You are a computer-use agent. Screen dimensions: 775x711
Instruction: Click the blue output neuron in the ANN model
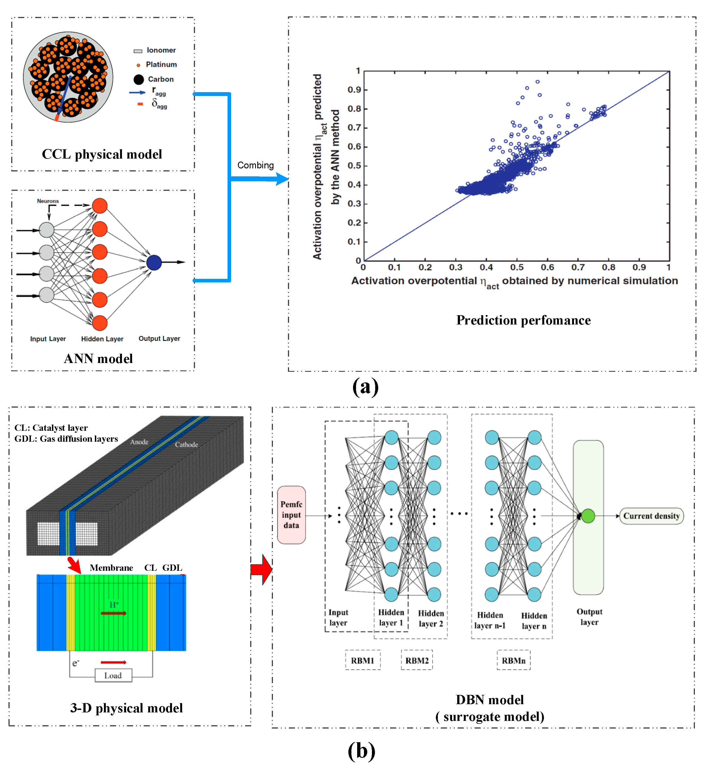point(154,263)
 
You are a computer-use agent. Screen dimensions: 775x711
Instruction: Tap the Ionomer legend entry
point(155,50)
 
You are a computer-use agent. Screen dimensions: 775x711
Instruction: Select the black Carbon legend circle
point(138,80)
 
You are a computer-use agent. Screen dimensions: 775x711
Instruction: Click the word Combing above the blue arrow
point(255,165)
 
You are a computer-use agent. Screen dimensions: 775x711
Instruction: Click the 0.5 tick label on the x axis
point(517,267)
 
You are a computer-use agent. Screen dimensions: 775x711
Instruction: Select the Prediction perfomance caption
point(523,320)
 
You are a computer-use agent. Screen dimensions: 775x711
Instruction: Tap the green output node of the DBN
point(588,516)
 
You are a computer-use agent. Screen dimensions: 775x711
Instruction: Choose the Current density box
point(651,516)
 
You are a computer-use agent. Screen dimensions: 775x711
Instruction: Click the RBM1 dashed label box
point(362,660)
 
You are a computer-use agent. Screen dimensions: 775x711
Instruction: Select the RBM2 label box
point(417,660)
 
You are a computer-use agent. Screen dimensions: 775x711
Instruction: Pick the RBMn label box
point(513,660)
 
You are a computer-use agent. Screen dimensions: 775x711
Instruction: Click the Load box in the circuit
point(113,675)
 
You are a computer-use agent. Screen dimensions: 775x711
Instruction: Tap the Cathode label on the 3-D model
point(187,444)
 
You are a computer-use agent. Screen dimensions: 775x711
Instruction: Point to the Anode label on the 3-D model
point(139,442)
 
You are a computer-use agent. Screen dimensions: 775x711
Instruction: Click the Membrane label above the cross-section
point(111,568)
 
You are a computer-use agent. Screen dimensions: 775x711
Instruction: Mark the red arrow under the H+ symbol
point(113,613)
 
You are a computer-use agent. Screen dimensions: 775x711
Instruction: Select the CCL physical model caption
point(102,154)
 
